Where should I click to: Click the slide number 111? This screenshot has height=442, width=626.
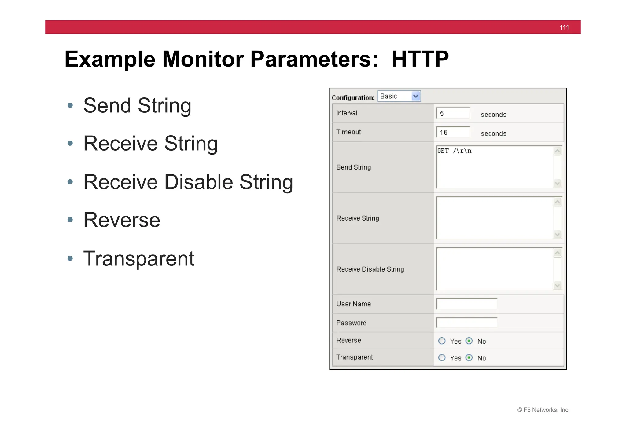(564, 27)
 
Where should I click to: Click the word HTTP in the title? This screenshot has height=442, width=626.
(420, 59)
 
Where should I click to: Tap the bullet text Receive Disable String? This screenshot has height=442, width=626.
(188, 182)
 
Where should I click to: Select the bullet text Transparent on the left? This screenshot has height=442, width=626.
(139, 258)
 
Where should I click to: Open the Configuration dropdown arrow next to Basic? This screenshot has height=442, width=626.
(415, 96)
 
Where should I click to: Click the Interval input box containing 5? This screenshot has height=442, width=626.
(453, 113)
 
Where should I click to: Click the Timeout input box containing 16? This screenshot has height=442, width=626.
(453, 132)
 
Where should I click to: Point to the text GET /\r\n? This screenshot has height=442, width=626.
(454, 151)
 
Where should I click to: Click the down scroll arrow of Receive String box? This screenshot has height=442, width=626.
(557, 234)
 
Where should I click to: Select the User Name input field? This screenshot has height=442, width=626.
(467, 304)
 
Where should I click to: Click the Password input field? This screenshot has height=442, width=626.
(467, 323)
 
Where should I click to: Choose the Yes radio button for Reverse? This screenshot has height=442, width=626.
(442, 341)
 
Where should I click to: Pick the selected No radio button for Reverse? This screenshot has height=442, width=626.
(469, 341)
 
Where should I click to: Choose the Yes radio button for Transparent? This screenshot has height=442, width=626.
(442, 358)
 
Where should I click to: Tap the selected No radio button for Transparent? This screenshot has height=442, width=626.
(469, 358)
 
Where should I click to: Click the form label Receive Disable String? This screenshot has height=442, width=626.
(370, 269)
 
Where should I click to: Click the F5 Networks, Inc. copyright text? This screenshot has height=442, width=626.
(543, 410)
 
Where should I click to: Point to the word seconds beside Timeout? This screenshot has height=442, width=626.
(493, 134)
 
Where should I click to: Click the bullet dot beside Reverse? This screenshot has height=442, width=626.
(70, 220)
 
